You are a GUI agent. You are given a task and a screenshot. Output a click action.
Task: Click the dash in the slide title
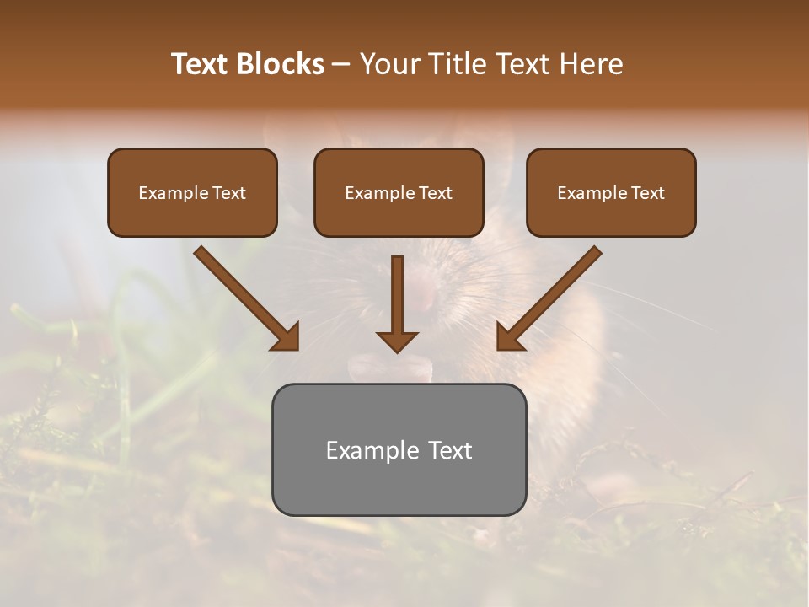tap(342, 65)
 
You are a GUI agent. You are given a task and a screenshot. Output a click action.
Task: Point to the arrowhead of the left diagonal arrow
tap(287, 337)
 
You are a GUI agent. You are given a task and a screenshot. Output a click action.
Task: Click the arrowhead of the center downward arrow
tap(397, 341)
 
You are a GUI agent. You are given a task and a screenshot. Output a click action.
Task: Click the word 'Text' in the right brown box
tap(648, 193)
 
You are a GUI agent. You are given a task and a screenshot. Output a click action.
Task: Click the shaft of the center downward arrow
tap(397, 291)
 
